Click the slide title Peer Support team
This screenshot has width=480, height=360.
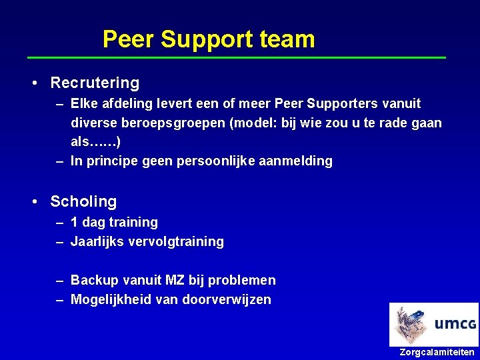(208, 39)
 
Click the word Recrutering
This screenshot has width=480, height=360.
(95, 83)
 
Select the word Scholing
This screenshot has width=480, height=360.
(83, 201)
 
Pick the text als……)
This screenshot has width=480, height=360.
(95, 142)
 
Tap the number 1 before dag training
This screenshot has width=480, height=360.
(74, 222)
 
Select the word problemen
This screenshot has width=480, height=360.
(241, 280)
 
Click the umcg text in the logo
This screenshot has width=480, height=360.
(455, 325)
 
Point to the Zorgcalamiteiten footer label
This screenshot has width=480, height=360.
(437, 352)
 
